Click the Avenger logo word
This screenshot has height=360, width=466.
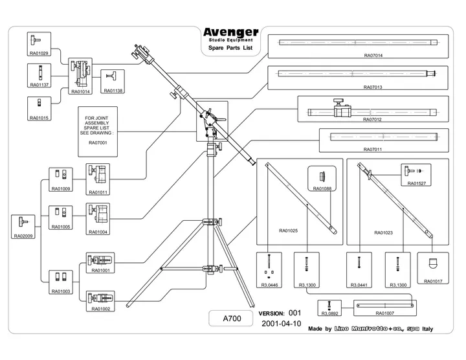[231, 32]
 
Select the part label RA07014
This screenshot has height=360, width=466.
[373, 55]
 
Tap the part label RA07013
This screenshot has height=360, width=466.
[373, 87]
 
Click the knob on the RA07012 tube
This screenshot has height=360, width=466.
[338, 102]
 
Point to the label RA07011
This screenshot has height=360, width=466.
[372, 149]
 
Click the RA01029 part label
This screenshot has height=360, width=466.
[39, 53]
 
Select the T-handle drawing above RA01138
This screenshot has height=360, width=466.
[112, 76]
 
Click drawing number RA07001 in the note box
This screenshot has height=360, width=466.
[98, 142]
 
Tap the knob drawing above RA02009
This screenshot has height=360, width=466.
[23, 221]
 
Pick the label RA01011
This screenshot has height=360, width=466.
[98, 192]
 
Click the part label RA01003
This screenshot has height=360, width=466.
[61, 291]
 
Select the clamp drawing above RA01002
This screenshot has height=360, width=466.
[100, 298]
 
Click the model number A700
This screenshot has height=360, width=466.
[232, 319]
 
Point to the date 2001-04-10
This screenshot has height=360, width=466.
[281, 324]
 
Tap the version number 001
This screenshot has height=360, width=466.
[295, 313]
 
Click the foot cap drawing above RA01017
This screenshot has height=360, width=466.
[433, 264]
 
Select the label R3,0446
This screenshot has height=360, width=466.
[269, 285]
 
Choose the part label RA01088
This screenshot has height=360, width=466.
[322, 188]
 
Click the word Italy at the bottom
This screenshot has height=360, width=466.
[428, 329]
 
